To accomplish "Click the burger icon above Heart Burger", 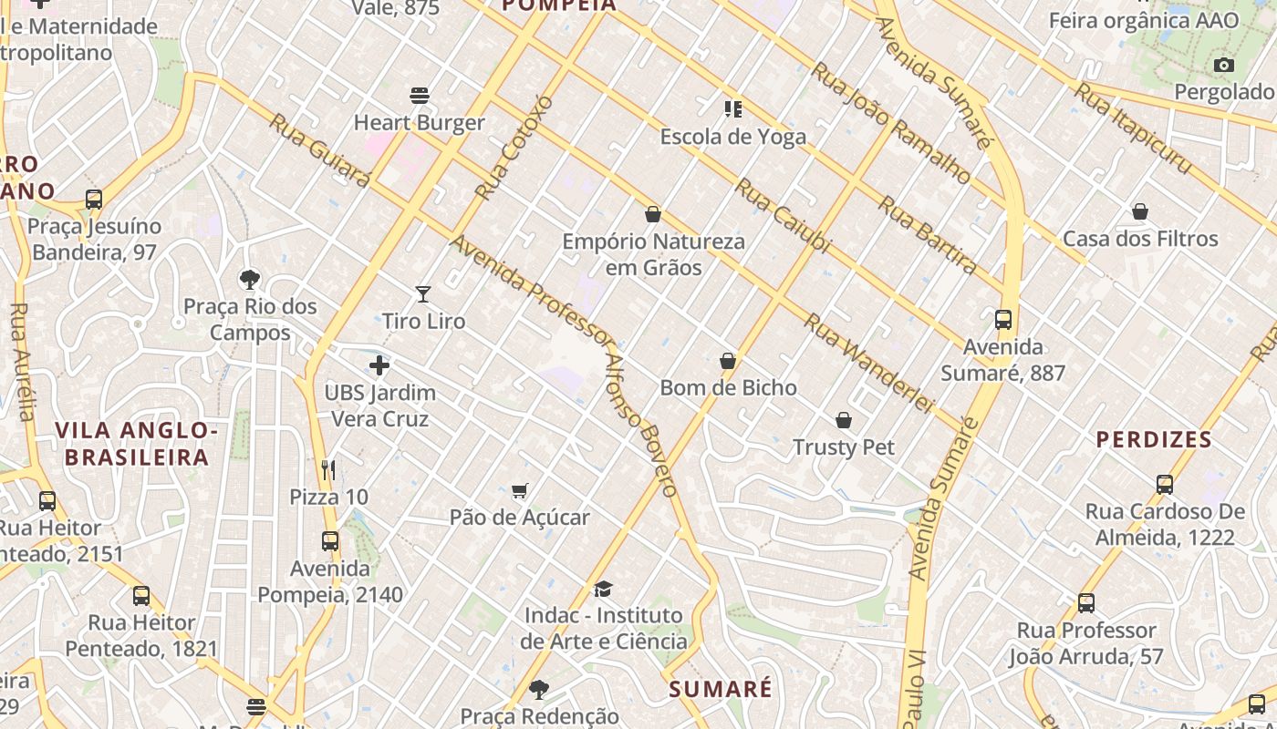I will [420, 96].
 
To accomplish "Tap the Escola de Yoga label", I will [732, 137].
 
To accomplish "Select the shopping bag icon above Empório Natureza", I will [653, 215].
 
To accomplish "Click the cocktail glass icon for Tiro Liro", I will [423, 293].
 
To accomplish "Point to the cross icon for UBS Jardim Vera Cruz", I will [379, 366].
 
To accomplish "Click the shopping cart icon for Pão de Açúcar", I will [520, 491].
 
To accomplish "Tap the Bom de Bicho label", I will [728, 387].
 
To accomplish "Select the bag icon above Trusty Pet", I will [844, 420].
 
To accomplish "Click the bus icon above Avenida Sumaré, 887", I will [1003, 320].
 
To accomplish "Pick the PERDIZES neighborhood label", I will [1154, 439].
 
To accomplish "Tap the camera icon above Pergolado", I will [1224, 65].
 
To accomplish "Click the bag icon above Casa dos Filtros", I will [1140, 212].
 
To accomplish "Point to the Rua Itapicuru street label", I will [1132, 128].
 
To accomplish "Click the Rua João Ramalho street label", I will [891, 122].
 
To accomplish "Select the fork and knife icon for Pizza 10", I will [329, 470].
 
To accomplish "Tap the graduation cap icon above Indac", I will [603, 590].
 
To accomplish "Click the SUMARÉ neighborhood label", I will [721, 689].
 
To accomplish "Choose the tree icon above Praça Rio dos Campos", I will [250, 280].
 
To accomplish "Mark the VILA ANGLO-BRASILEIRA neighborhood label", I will [137, 444].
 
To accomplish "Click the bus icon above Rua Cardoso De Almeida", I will [1165, 485].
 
